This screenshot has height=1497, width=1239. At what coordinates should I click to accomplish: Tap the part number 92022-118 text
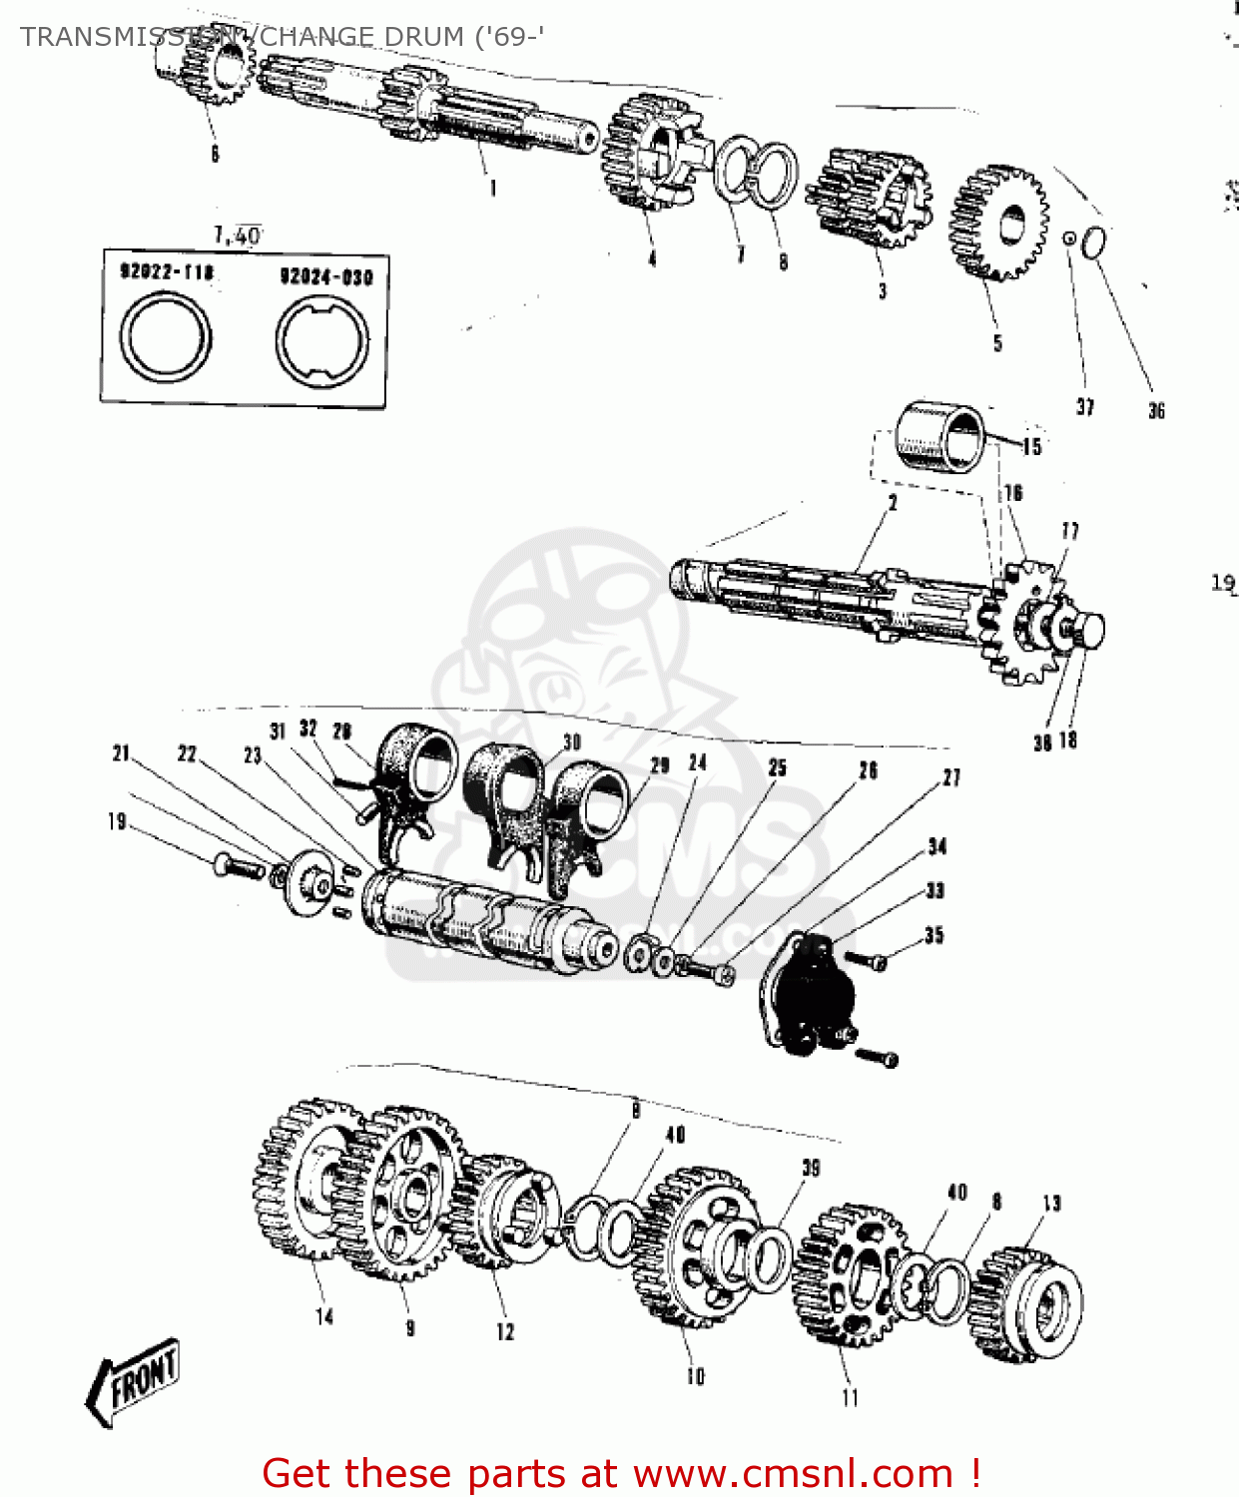(x=167, y=271)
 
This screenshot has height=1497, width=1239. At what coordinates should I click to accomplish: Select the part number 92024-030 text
(x=325, y=276)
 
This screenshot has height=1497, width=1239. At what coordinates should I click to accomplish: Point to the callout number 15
(x=1032, y=447)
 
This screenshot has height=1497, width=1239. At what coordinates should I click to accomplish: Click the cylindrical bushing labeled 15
(x=938, y=435)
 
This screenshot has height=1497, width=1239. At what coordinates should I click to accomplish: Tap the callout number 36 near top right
(x=1156, y=410)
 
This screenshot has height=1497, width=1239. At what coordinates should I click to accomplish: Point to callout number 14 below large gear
(x=323, y=1316)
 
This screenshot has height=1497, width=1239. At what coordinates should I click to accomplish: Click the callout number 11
(x=850, y=1397)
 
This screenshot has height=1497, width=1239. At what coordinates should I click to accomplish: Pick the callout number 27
(x=951, y=777)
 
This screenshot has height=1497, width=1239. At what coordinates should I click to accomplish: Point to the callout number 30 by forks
(x=571, y=743)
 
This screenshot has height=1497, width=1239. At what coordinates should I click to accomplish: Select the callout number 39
(x=811, y=1168)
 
